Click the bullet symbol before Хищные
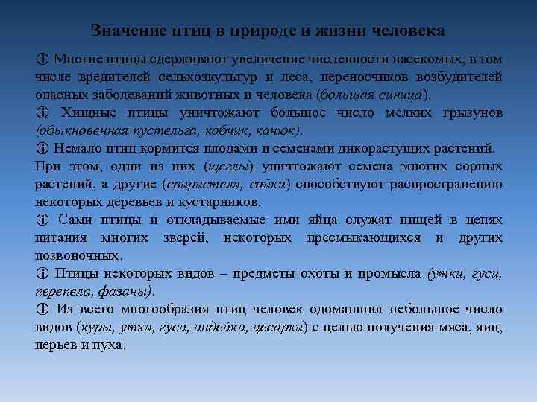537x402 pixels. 41,112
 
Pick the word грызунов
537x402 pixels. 469,112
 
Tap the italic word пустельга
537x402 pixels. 142,130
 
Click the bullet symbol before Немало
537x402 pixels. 41,148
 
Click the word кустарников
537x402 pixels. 224,202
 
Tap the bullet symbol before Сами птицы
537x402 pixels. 41,220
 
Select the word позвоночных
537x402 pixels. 77,255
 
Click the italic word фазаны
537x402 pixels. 128,291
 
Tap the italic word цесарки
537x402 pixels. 277,327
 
